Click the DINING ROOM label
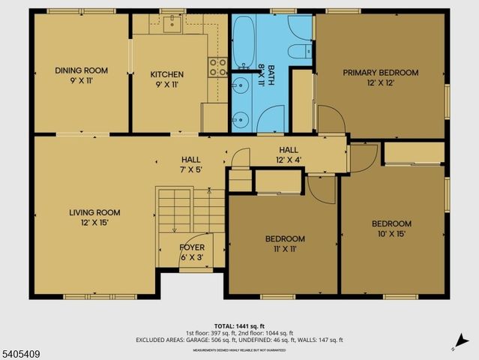81,70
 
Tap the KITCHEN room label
166,74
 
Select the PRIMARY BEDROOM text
380,73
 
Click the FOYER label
192,247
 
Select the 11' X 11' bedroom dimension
284,250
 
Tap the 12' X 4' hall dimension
289,160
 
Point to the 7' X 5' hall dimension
190,170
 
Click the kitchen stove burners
218,67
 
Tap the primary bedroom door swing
330,120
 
